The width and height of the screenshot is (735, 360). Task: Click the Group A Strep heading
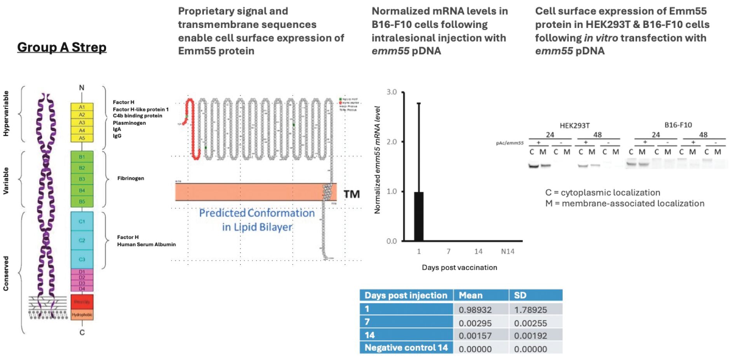click(62, 47)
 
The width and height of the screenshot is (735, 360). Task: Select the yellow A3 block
click(82, 123)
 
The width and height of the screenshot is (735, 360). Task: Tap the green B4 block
click(82, 190)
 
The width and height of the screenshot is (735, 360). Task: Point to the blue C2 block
click(82, 240)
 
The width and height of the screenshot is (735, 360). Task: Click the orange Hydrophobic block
click(82, 315)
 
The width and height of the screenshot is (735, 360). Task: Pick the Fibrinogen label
click(131, 178)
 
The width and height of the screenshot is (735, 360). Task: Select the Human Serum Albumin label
click(146, 244)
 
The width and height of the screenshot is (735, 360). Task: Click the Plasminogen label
click(129, 123)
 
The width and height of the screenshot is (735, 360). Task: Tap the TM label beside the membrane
click(352, 194)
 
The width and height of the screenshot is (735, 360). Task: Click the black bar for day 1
click(419, 216)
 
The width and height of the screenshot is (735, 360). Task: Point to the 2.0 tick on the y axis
click(392, 142)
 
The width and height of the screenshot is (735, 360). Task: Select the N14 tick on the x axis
click(507, 252)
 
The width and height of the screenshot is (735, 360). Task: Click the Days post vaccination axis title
click(459, 268)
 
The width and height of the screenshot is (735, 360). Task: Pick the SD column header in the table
click(520, 296)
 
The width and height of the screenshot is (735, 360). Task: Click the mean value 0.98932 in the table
click(475, 310)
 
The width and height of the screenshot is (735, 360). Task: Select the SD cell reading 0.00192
click(530, 336)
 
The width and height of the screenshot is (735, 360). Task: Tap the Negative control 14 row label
click(406, 348)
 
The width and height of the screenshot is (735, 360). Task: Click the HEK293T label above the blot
click(575, 125)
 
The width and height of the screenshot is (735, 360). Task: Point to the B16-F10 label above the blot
click(678, 125)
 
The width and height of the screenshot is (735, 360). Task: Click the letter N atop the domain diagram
click(82, 88)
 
